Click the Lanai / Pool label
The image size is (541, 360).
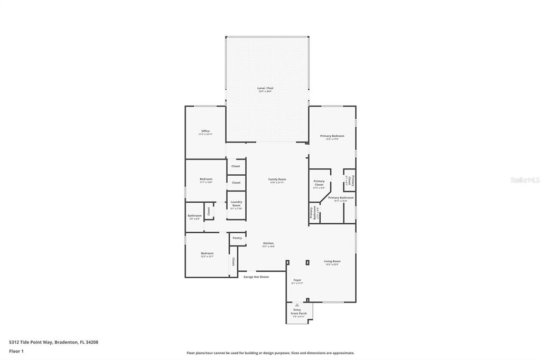pyautogui.click(x=265, y=88)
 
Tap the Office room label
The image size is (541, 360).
pyautogui.click(x=206, y=131)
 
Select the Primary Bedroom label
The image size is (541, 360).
pyautogui.click(x=332, y=136)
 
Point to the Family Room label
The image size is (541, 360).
pyautogui.click(x=277, y=179)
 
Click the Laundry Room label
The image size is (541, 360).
pyautogui.click(x=236, y=203)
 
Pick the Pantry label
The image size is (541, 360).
pyautogui.click(x=237, y=238)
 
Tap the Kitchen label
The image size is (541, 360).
pyautogui.click(x=268, y=243)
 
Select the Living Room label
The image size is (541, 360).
pyautogui.click(x=332, y=261)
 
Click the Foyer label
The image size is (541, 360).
pyautogui.click(x=297, y=280)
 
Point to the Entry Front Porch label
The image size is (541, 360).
pyautogui.click(x=299, y=312)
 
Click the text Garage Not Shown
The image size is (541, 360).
pyautogui.click(x=256, y=277)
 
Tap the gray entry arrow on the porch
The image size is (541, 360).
pyautogui.click(x=297, y=305)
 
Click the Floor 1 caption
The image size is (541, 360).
pyautogui.click(x=16, y=350)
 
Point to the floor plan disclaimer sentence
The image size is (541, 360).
pyautogui.click(x=270, y=353)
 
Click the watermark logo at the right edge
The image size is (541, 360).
pyautogui.click(x=525, y=180)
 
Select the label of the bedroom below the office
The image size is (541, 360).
pyautogui.click(x=206, y=179)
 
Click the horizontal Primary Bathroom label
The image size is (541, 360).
pyautogui.click(x=341, y=198)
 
